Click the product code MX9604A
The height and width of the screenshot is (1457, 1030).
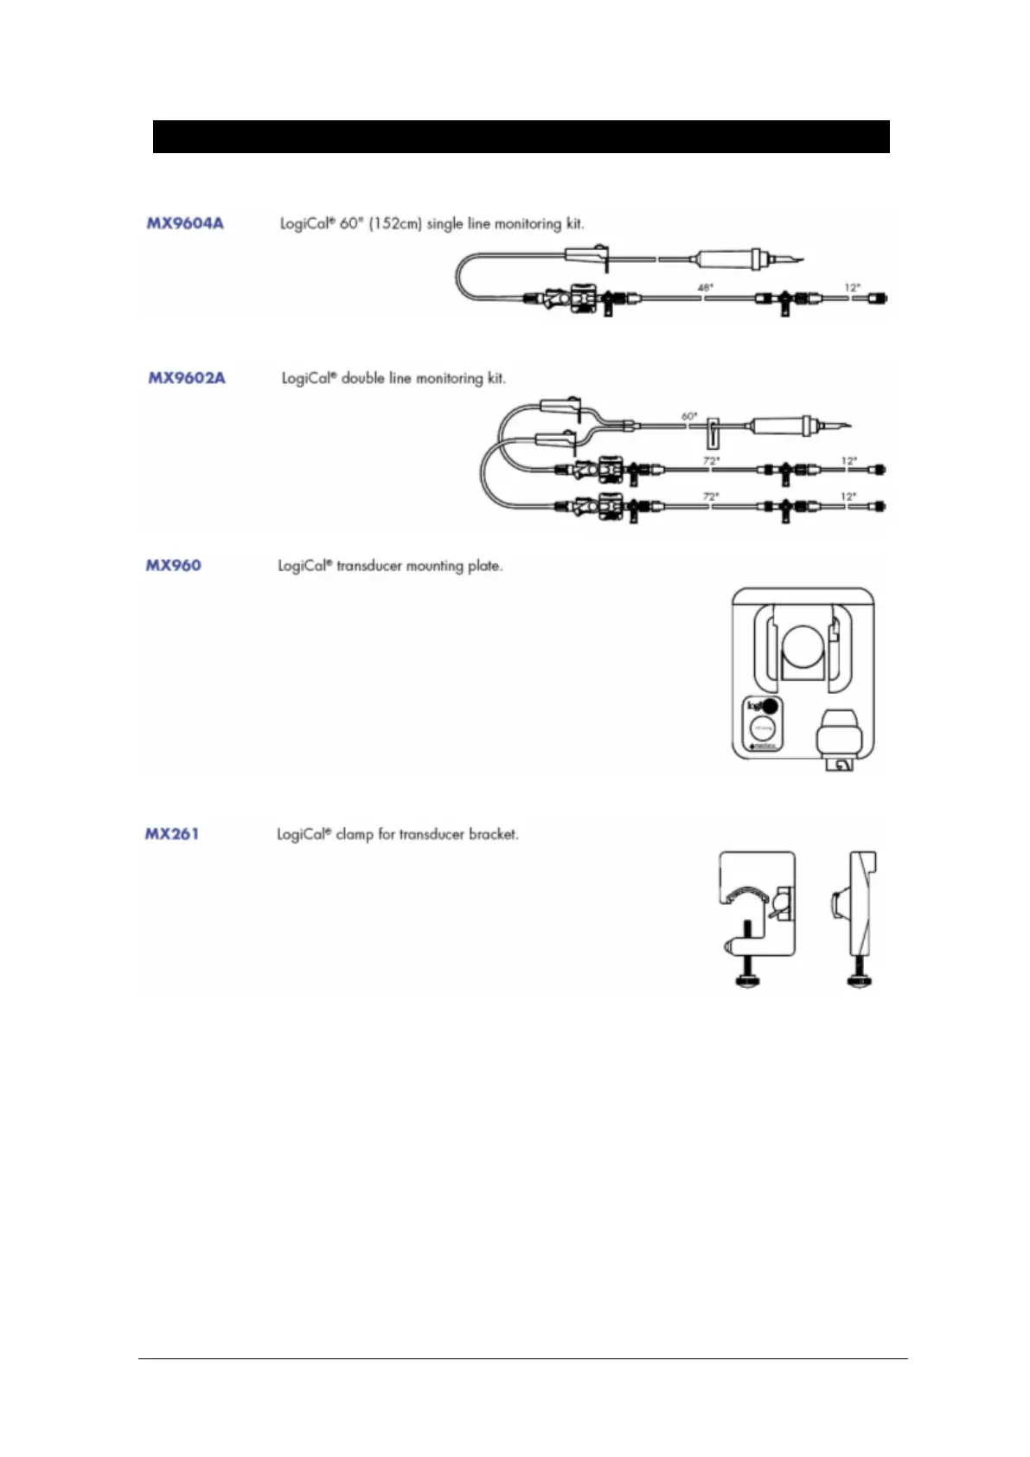pyautogui.click(x=185, y=223)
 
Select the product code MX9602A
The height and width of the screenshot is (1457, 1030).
pyautogui.click(x=187, y=378)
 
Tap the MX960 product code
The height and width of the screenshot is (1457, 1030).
pyautogui.click(x=173, y=566)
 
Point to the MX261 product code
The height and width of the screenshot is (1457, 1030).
pyautogui.click(x=171, y=834)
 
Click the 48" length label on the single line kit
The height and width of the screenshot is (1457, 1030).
pyautogui.click(x=706, y=286)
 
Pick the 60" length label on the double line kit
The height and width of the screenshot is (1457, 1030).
pyautogui.click(x=689, y=416)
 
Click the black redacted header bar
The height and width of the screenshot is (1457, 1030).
pyautogui.click(x=521, y=137)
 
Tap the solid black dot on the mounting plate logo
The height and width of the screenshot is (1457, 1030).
pyautogui.click(x=770, y=705)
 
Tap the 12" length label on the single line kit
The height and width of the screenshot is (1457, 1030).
pyautogui.click(x=852, y=286)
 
